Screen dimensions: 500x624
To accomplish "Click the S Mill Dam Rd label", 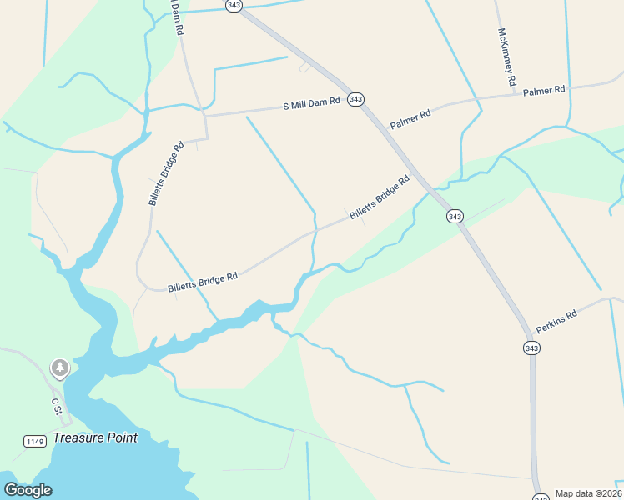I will click(312, 104).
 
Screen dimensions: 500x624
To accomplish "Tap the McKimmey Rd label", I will click(507, 58).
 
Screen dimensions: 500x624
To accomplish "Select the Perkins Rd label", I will click(556, 322).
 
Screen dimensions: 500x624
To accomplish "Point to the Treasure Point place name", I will click(94, 437).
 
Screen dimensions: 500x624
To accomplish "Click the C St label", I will click(57, 406).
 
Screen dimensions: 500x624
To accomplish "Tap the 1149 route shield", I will click(35, 440).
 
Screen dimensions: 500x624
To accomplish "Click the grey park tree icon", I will click(59, 367).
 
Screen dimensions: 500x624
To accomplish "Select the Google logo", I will click(28, 490).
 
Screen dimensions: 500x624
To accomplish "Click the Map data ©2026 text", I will click(588, 493).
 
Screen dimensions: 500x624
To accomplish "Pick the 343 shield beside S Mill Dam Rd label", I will click(356, 99).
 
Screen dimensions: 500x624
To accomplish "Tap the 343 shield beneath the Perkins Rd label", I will click(531, 347).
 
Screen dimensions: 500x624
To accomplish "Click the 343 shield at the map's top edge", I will click(234, 5).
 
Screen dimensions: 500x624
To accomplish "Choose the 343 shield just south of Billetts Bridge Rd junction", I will click(454, 217).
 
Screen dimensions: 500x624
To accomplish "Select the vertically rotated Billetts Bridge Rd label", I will click(165, 174).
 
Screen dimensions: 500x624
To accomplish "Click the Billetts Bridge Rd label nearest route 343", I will click(380, 197).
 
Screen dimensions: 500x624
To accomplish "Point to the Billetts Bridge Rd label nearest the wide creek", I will click(203, 282).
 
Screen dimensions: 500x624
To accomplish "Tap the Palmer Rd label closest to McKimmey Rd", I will click(544, 90).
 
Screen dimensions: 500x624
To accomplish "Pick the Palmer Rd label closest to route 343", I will click(410, 118).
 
